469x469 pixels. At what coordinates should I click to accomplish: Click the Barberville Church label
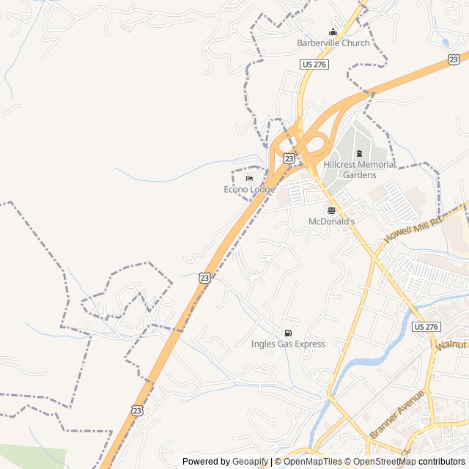pyautogui.click(x=333, y=43)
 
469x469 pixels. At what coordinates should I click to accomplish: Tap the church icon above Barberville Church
pyautogui.click(x=333, y=32)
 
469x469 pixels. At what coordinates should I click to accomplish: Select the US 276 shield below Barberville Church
pyautogui.click(x=314, y=64)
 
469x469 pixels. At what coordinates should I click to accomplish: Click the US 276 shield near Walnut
pyautogui.click(x=427, y=325)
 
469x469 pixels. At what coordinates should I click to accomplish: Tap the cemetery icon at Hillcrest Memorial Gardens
pyautogui.click(x=359, y=153)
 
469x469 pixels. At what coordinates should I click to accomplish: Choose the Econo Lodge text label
pyautogui.click(x=249, y=189)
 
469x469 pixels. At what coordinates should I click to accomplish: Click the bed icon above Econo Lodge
pyautogui.click(x=249, y=178)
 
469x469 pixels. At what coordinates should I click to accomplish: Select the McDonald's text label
pyautogui.click(x=331, y=221)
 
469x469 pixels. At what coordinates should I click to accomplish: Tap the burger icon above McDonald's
pyautogui.click(x=331, y=210)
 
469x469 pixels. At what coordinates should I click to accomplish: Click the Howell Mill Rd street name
pyautogui.click(x=414, y=229)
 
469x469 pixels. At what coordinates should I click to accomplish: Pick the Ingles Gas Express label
pyautogui.click(x=288, y=344)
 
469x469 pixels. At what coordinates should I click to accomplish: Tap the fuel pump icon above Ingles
pyautogui.click(x=288, y=333)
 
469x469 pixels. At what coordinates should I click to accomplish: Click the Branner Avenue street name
pyautogui.click(x=397, y=415)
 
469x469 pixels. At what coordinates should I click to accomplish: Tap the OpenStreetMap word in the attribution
pyautogui.click(x=385, y=462)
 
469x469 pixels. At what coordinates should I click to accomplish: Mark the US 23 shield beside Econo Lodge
pyautogui.click(x=289, y=158)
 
